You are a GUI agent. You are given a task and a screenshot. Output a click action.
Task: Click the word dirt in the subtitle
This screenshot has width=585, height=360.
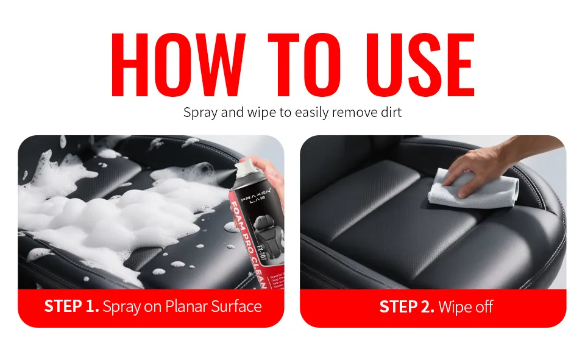pos(389,113)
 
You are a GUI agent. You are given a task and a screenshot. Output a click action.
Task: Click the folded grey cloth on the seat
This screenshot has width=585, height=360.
pos(469,188)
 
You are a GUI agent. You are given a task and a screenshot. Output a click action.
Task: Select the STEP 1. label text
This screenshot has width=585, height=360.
pos(71,306)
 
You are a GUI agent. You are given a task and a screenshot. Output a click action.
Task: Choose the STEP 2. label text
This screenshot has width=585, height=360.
pos(406,306)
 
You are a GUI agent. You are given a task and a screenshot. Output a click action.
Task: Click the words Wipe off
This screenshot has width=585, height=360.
pos(466,306)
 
